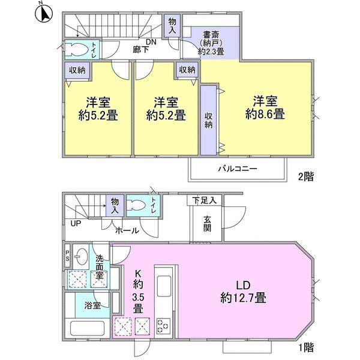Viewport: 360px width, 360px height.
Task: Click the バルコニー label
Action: [x=237, y=169]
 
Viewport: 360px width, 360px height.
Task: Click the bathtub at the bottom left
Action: [x=86, y=330]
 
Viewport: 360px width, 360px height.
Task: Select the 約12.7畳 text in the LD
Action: [x=243, y=297]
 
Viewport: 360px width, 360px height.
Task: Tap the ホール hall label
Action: [x=127, y=230]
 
